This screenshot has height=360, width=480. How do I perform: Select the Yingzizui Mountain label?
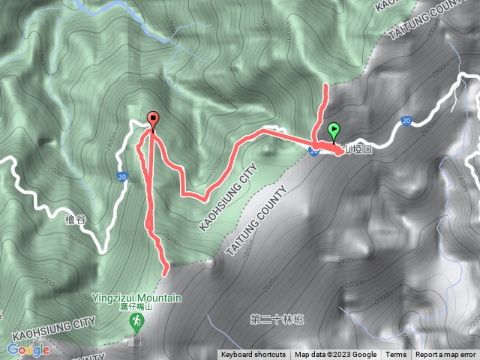(137, 298)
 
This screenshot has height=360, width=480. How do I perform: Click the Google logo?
(28, 349)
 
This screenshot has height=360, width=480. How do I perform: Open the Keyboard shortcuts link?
(253, 355)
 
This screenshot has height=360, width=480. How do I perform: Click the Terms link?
(396, 355)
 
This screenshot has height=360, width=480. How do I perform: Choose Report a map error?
(446, 355)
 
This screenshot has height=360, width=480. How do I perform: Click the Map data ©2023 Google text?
(335, 355)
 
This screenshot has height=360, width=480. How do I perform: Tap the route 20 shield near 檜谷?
(122, 177)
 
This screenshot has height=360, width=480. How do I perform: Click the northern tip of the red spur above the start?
(325, 87)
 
